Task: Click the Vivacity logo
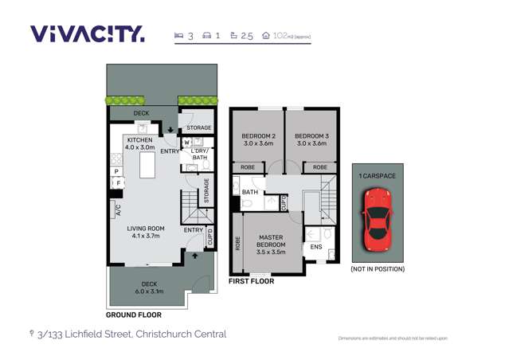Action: [x=88, y=34]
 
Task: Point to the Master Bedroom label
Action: [x=272, y=241]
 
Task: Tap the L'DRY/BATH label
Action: [x=199, y=154]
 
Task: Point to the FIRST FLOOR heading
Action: [x=251, y=281]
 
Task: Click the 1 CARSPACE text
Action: [x=377, y=175]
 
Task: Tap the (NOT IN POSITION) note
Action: [x=377, y=269]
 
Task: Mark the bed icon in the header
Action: [x=178, y=36]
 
